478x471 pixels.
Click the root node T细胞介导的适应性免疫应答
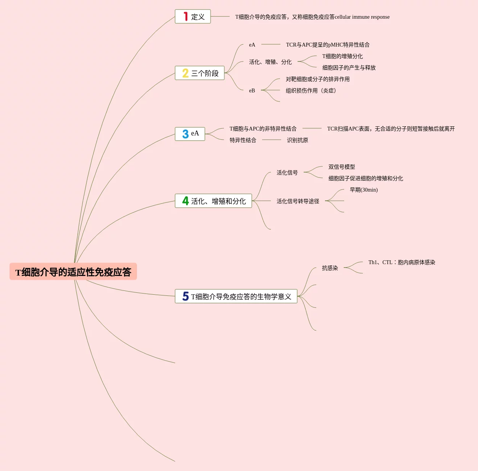tap(73, 272)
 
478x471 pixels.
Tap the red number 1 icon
tap(186, 16)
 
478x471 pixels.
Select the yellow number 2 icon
tap(185, 73)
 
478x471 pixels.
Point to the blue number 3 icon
tap(185, 134)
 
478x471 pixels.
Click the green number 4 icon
tap(185, 201)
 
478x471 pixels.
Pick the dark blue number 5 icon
tap(185, 296)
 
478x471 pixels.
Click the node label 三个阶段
tap(205, 73)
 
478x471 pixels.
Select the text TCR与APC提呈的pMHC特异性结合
tap(328, 45)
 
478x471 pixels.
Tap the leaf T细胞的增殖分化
tap(342, 56)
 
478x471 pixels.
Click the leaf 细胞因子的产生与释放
tap(349, 68)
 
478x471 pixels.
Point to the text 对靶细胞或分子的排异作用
tap(317, 79)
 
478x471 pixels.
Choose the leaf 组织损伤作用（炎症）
tap(311, 90)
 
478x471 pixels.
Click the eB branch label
tap(252, 90)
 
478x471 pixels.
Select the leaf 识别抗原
tap(297, 140)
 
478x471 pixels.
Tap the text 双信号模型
tap(341, 167)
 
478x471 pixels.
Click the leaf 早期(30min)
tap(364, 190)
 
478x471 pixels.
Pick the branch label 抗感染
tap(330, 268)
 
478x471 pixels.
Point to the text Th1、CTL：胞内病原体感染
tap(402, 262)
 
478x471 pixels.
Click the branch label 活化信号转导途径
tap(298, 201)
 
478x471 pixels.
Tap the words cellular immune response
tap(362, 17)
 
